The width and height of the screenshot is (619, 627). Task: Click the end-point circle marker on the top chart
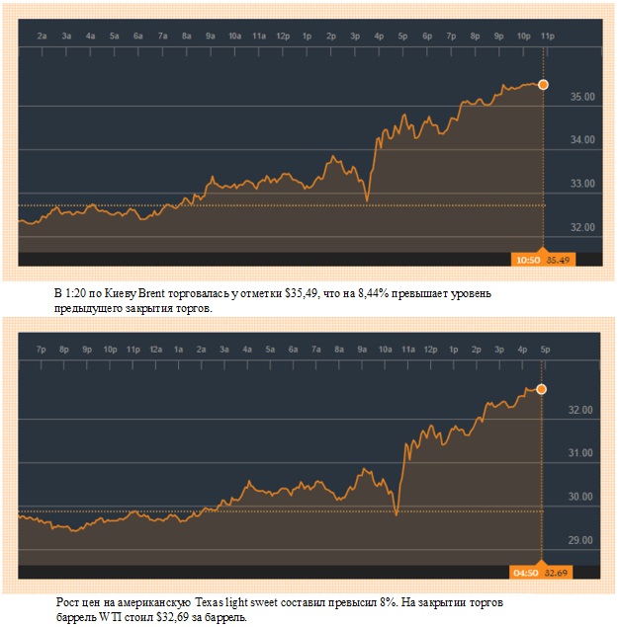(543, 85)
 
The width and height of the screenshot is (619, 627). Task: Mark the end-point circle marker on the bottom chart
(542, 389)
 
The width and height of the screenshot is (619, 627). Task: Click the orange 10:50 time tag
(526, 260)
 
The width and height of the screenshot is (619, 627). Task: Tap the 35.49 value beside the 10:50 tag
(559, 260)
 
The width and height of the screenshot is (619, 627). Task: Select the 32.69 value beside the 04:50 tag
(559, 571)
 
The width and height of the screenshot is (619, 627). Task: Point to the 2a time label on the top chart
(43, 37)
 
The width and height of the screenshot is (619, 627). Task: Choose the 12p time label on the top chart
(283, 37)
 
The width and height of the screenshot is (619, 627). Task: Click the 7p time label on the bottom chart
(41, 349)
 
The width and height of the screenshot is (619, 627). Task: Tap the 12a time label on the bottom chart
(156, 349)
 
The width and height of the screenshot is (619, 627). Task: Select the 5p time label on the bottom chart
(544, 349)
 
